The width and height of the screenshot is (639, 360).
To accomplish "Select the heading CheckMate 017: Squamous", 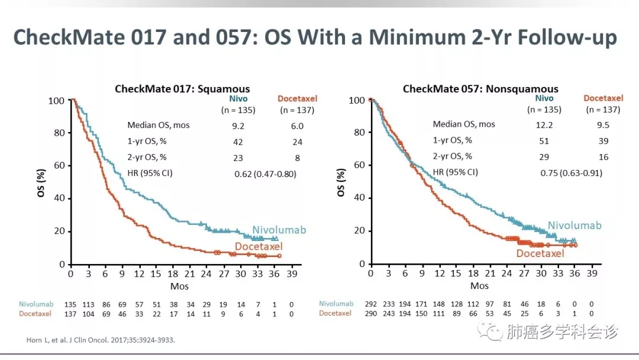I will point(182,89).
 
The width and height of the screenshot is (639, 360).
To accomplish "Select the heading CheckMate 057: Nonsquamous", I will point(480,89).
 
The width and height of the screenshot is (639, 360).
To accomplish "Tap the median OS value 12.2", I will point(544,124).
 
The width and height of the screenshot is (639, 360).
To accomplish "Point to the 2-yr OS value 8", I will point(297,158).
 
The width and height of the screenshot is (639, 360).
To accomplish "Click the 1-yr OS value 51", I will point(544,141).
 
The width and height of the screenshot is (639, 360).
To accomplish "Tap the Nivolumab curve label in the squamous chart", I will point(279,230).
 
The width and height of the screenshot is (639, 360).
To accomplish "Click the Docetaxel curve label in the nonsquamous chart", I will point(540,253).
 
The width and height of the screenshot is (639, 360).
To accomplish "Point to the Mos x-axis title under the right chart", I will point(479,286).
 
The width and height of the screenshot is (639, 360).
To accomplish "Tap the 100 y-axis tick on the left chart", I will point(56,101).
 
